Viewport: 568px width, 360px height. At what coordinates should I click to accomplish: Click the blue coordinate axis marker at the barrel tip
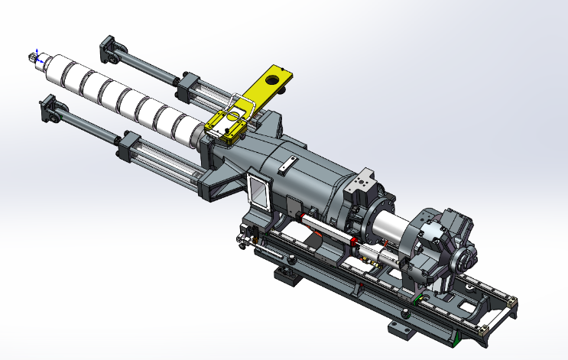tap(31, 57)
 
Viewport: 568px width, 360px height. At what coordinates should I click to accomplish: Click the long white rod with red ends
tap(329, 229)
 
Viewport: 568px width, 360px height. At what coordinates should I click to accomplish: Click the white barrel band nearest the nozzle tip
tap(57, 66)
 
